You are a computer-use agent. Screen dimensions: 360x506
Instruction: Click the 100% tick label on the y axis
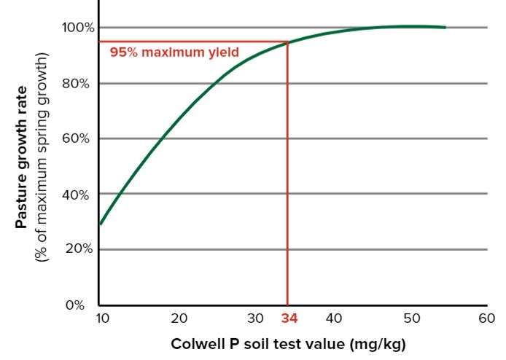click(77, 28)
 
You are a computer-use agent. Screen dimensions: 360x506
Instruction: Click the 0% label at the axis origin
click(76, 305)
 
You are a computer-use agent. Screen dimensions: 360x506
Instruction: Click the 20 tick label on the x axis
click(179, 318)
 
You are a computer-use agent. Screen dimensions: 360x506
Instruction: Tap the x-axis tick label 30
click(255, 318)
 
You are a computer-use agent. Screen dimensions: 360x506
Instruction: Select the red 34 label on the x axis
click(289, 318)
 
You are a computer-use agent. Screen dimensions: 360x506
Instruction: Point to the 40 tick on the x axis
click(333, 318)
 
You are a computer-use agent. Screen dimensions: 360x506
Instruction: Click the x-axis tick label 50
click(411, 318)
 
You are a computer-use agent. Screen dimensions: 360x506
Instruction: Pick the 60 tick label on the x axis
click(487, 318)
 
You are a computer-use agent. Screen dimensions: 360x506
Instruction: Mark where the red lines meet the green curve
click(288, 42)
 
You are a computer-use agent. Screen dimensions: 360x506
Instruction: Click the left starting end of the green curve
click(100, 224)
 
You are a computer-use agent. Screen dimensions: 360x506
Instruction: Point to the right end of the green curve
click(445, 28)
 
